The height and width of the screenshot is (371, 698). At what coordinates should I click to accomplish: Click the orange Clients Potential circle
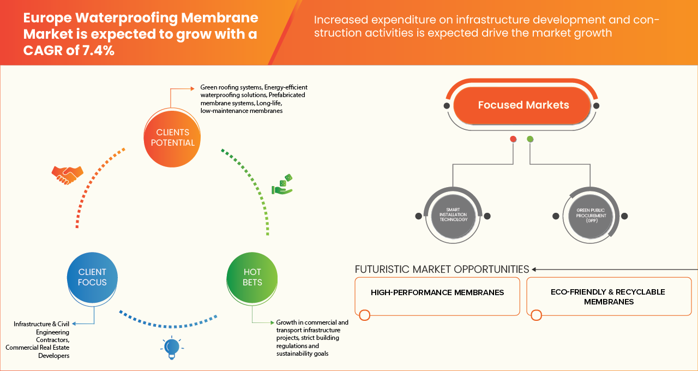click(x=172, y=137)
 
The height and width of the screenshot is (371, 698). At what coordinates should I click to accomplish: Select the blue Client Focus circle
click(x=92, y=277)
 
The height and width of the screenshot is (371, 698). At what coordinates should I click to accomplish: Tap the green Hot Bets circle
click(x=252, y=277)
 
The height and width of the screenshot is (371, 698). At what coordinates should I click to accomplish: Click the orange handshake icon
click(x=67, y=174)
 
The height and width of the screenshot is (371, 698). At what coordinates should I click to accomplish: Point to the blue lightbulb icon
click(x=172, y=348)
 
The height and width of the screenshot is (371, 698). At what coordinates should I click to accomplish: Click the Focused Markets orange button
click(x=523, y=105)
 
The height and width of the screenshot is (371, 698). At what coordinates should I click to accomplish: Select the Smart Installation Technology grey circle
click(x=453, y=216)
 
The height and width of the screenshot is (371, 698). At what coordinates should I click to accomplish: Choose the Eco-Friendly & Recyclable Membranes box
click(x=608, y=296)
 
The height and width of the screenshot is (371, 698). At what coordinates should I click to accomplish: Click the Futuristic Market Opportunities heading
click(x=442, y=269)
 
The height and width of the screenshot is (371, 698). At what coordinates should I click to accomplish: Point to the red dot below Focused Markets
click(x=513, y=139)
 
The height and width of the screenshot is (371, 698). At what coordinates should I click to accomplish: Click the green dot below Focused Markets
click(x=530, y=139)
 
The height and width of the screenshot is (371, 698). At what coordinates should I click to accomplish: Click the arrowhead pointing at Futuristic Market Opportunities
click(x=535, y=269)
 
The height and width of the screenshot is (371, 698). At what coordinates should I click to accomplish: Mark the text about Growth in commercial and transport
click(x=312, y=338)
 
